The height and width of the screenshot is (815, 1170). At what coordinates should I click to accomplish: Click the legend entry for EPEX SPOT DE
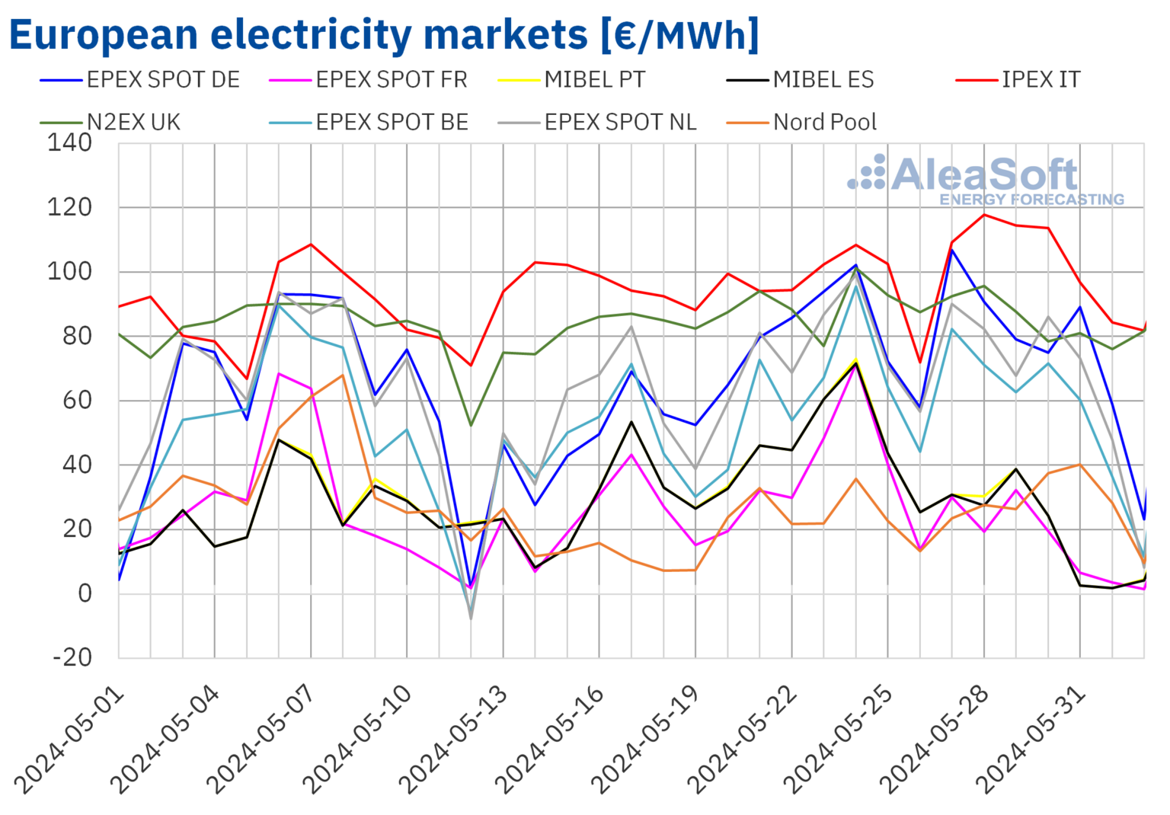pyautogui.click(x=162, y=80)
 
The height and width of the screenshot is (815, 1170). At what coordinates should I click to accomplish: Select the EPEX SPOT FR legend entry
pyautogui.click(x=391, y=80)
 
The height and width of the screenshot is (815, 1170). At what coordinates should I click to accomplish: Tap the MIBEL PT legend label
pyautogui.click(x=594, y=80)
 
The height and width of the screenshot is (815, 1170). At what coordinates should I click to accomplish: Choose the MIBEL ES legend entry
pyautogui.click(x=823, y=80)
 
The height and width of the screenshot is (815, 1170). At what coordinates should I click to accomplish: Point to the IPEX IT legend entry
pyautogui.click(x=1041, y=80)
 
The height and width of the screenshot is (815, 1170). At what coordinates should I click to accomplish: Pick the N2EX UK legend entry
pyautogui.click(x=133, y=123)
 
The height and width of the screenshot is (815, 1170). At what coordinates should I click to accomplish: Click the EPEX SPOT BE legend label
pyautogui.click(x=392, y=123)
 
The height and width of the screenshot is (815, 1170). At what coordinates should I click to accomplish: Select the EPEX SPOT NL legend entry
pyautogui.click(x=620, y=123)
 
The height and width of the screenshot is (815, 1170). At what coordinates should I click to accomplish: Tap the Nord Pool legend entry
pyautogui.click(x=824, y=123)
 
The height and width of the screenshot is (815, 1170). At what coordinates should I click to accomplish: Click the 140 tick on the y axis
pyautogui.click(x=69, y=142)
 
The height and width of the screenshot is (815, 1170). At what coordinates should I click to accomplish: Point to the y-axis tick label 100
pyautogui.click(x=69, y=272)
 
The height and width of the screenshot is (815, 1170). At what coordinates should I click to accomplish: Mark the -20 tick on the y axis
pyautogui.click(x=72, y=657)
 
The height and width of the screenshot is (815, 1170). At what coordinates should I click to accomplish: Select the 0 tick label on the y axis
pyautogui.click(x=84, y=593)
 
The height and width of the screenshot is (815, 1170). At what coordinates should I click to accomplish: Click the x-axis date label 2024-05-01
pyautogui.click(x=70, y=739)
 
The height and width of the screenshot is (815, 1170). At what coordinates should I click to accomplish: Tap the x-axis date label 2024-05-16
pyautogui.click(x=551, y=739)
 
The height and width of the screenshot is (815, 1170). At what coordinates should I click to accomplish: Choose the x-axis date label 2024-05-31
pyautogui.click(x=1031, y=739)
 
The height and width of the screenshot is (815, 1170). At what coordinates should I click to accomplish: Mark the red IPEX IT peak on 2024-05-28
pyautogui.click(x=984, y=215)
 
